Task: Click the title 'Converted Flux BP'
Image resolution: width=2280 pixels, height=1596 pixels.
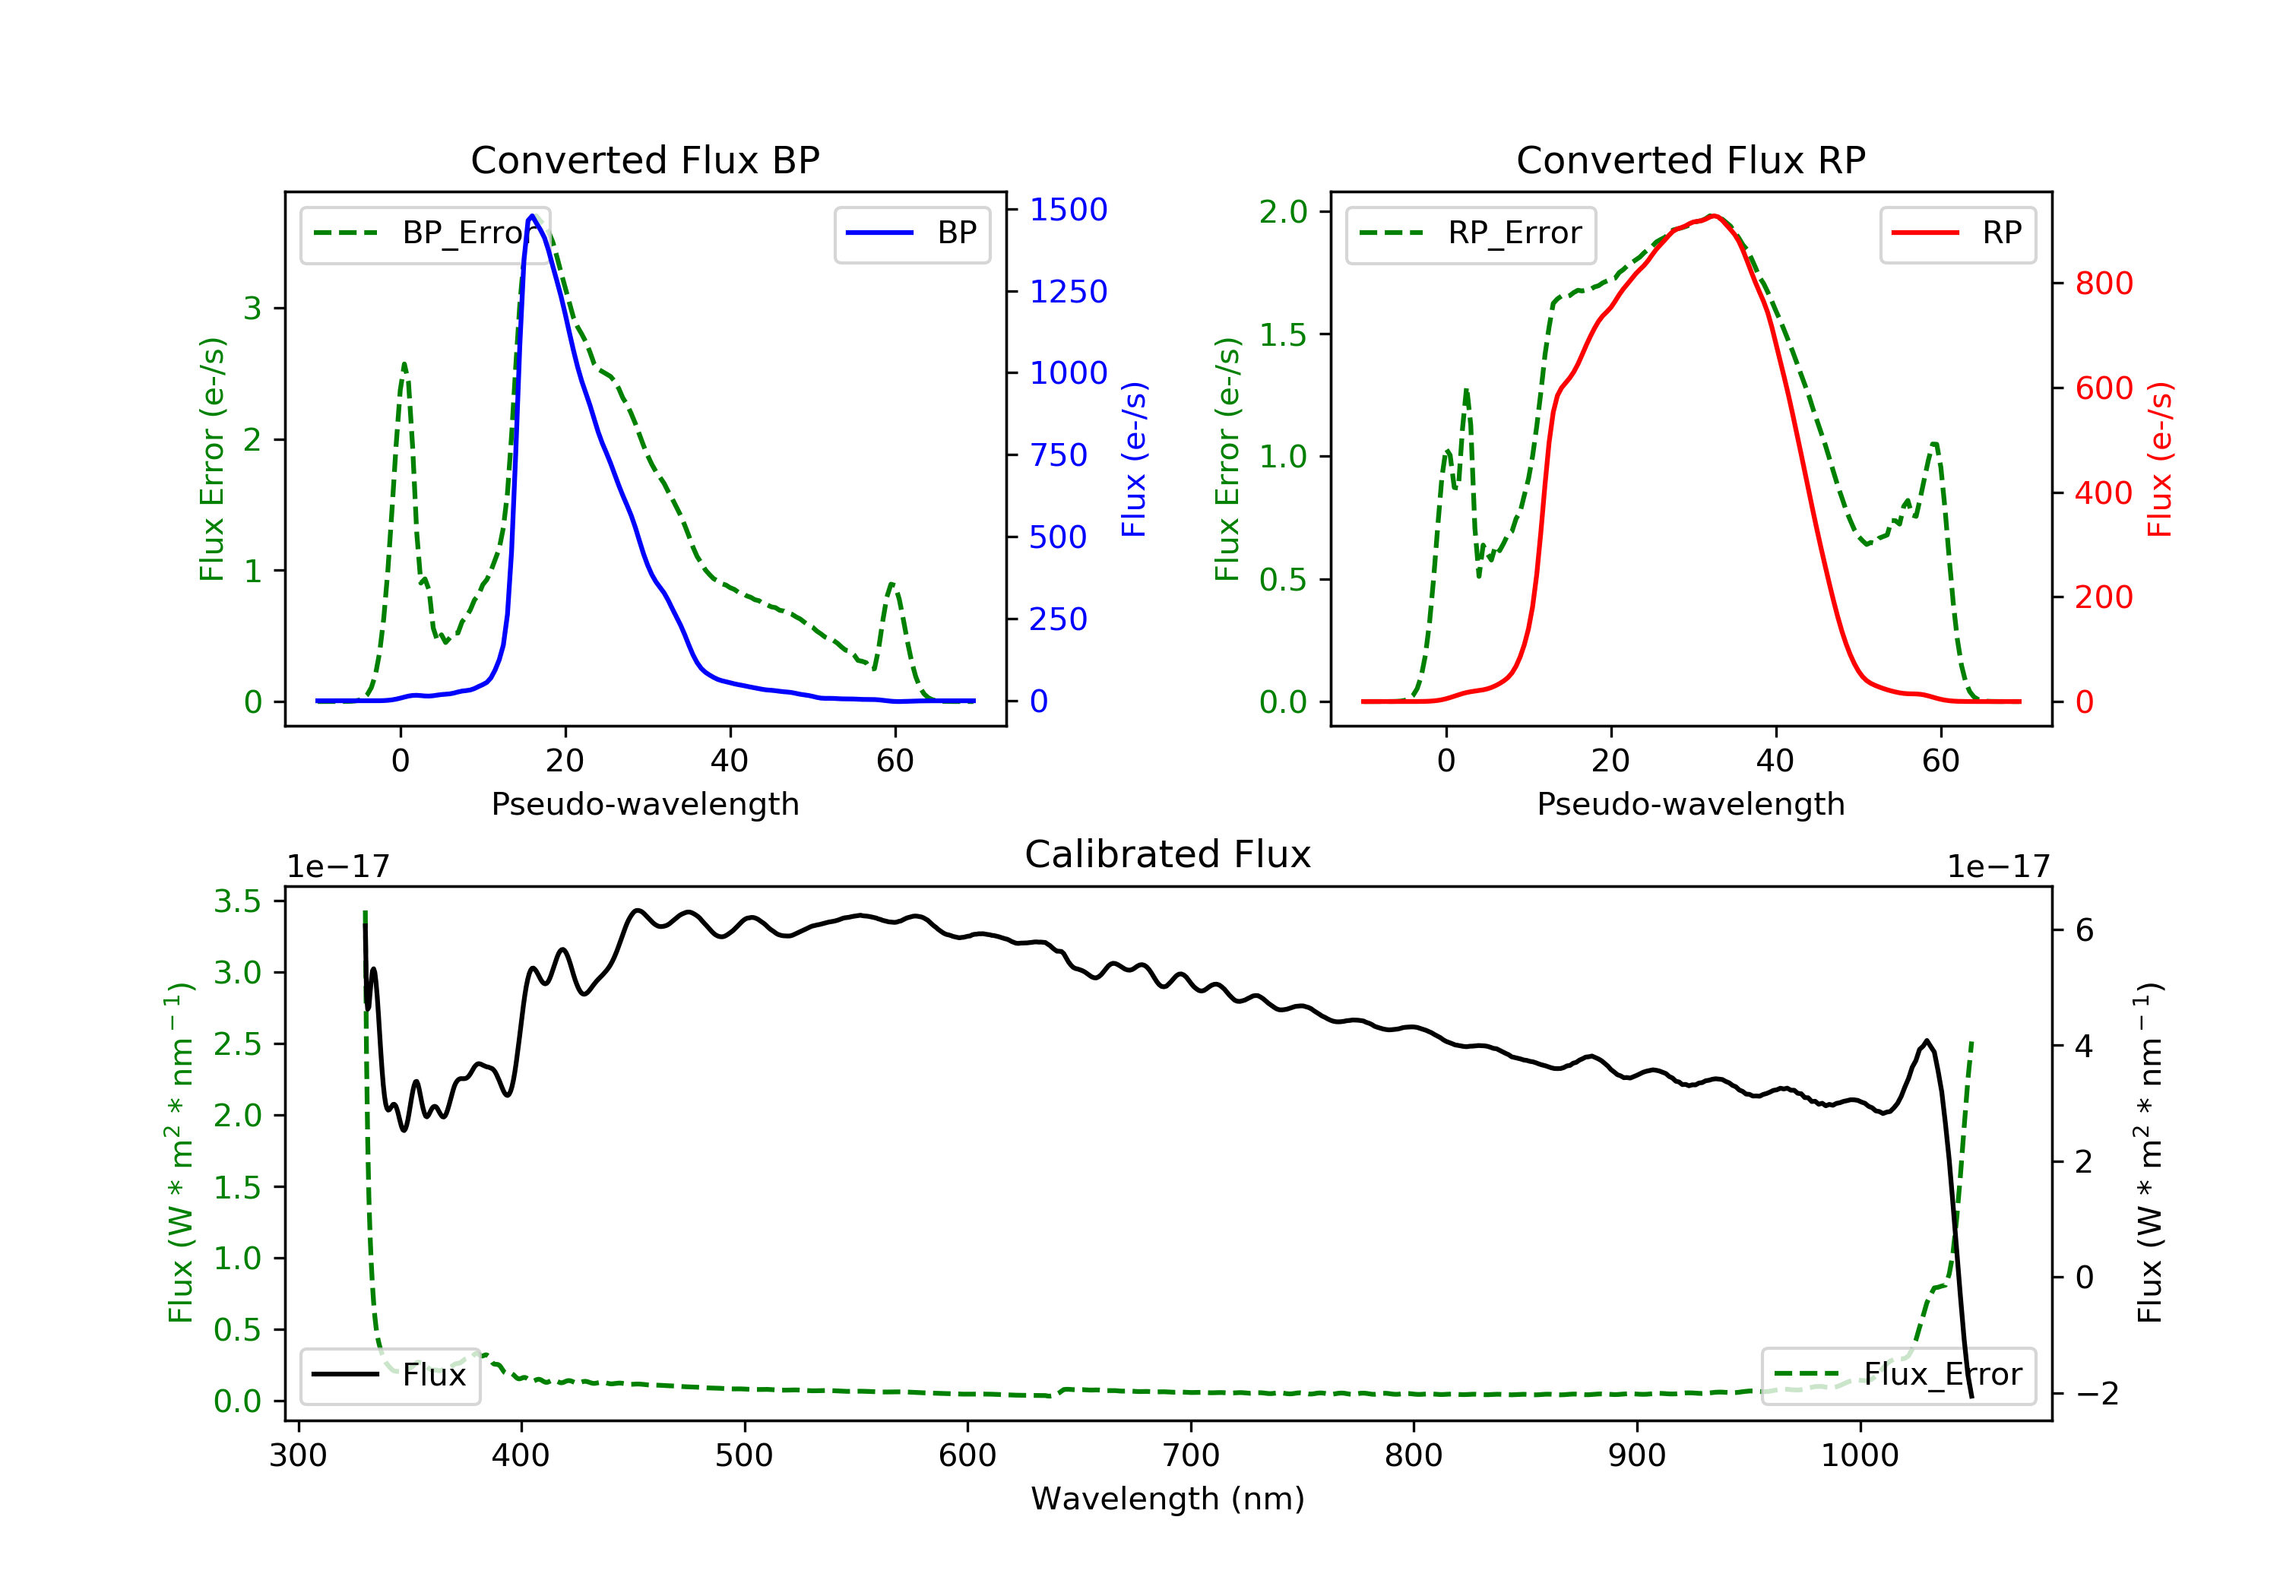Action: (645, 160)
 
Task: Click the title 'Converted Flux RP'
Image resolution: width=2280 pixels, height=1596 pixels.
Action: (1691, 160)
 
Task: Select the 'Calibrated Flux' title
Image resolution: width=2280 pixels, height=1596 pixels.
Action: (1168, 854)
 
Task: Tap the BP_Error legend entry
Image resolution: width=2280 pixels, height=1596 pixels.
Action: (425, 233)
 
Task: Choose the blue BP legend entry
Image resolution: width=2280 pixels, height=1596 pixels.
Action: (911, 233)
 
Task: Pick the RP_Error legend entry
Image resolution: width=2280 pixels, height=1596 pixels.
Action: (1471, 233)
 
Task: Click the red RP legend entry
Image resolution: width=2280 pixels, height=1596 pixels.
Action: (1957, 233)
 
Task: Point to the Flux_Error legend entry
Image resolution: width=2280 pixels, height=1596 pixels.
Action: (1898, 1375)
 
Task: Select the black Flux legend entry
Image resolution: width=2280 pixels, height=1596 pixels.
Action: (389, 1375)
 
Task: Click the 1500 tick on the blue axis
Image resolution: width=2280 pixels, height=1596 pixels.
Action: (1069, 210)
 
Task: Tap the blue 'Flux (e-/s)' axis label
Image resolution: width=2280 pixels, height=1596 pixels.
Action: (1134, 460)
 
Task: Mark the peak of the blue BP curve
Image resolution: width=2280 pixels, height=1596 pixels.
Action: (532, 216)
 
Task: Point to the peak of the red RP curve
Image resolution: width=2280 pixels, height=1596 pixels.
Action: (1713, 216)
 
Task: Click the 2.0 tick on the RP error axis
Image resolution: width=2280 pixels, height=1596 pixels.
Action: (1283, 211)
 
